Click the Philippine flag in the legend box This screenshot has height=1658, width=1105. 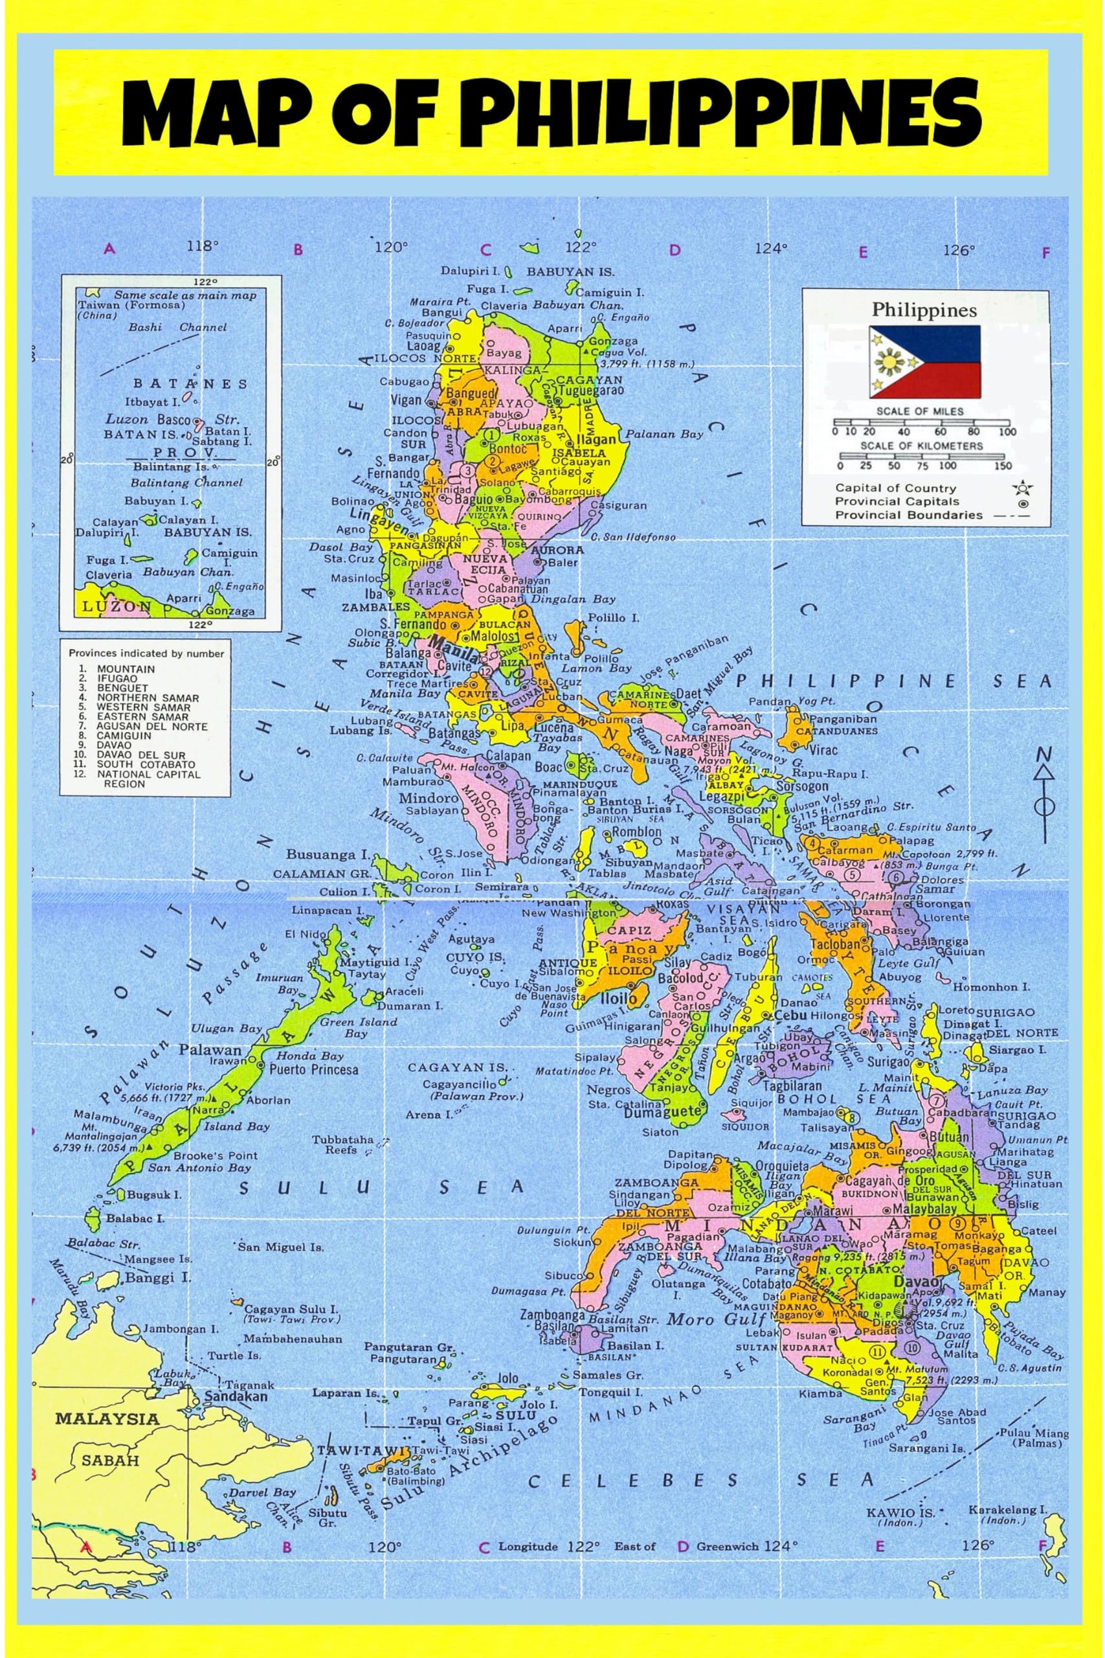point(924,361)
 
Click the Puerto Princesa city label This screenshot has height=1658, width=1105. point(313,1069)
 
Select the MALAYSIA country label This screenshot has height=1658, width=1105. point(107,1418)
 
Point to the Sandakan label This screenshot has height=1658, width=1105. point(236,1396)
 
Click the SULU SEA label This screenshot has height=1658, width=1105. point(381,1188)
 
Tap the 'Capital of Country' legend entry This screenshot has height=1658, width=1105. point(895,488)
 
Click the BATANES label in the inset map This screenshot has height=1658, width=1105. point(191,384)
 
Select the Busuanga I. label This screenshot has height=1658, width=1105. point(328,854)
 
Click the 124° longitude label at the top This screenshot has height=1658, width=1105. point(771,248)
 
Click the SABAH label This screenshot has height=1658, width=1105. point(111,1460)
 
